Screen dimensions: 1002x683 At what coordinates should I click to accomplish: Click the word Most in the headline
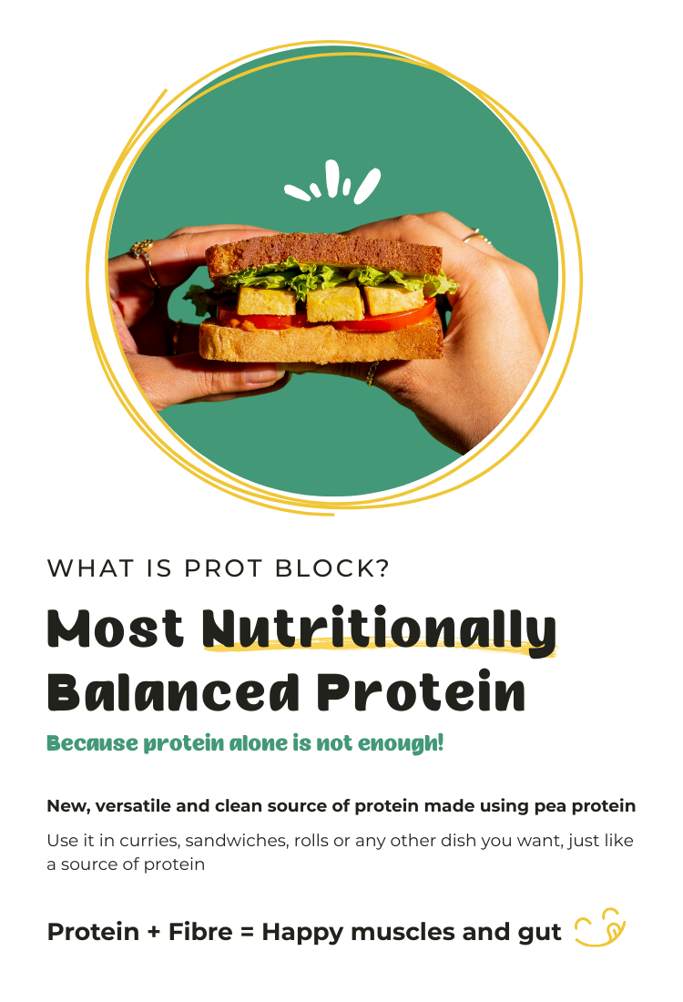(x=115, y=629)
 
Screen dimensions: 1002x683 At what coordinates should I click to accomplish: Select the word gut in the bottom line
(x=541, y=933)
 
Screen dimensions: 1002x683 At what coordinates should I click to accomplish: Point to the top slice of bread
(x=323, y=250)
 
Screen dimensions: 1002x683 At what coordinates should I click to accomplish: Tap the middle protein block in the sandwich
(x=334, y=302)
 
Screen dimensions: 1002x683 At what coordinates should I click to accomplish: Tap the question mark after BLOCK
(x=382, y=568)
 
